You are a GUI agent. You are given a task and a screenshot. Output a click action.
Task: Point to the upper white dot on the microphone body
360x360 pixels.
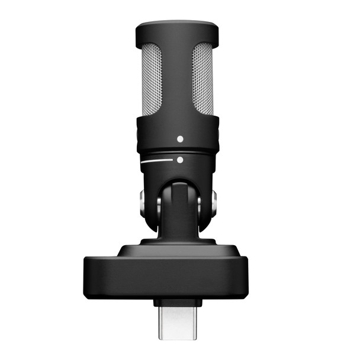(x=180, y=139)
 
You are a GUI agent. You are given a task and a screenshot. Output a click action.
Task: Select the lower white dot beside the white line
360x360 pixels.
(x=180, y=160)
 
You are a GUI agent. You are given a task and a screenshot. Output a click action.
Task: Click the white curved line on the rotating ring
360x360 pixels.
(x=158, y=161)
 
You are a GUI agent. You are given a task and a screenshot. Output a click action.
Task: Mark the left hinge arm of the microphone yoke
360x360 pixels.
(x=149, y=204)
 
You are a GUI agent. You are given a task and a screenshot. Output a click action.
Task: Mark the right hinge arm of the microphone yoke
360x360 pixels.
(x=206, y=204)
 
